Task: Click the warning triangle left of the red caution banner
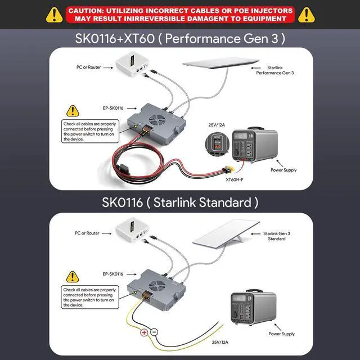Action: point(54,13)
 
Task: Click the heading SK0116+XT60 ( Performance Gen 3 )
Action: point(180,39)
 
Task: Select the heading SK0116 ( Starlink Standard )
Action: point(180,201)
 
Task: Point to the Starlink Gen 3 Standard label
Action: point(276,236)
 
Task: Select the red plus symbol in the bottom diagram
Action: point(143,332)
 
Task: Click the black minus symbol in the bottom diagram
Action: point(154,332)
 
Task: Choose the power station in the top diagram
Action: point(254,146)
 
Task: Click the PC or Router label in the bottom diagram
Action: point(87,233)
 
